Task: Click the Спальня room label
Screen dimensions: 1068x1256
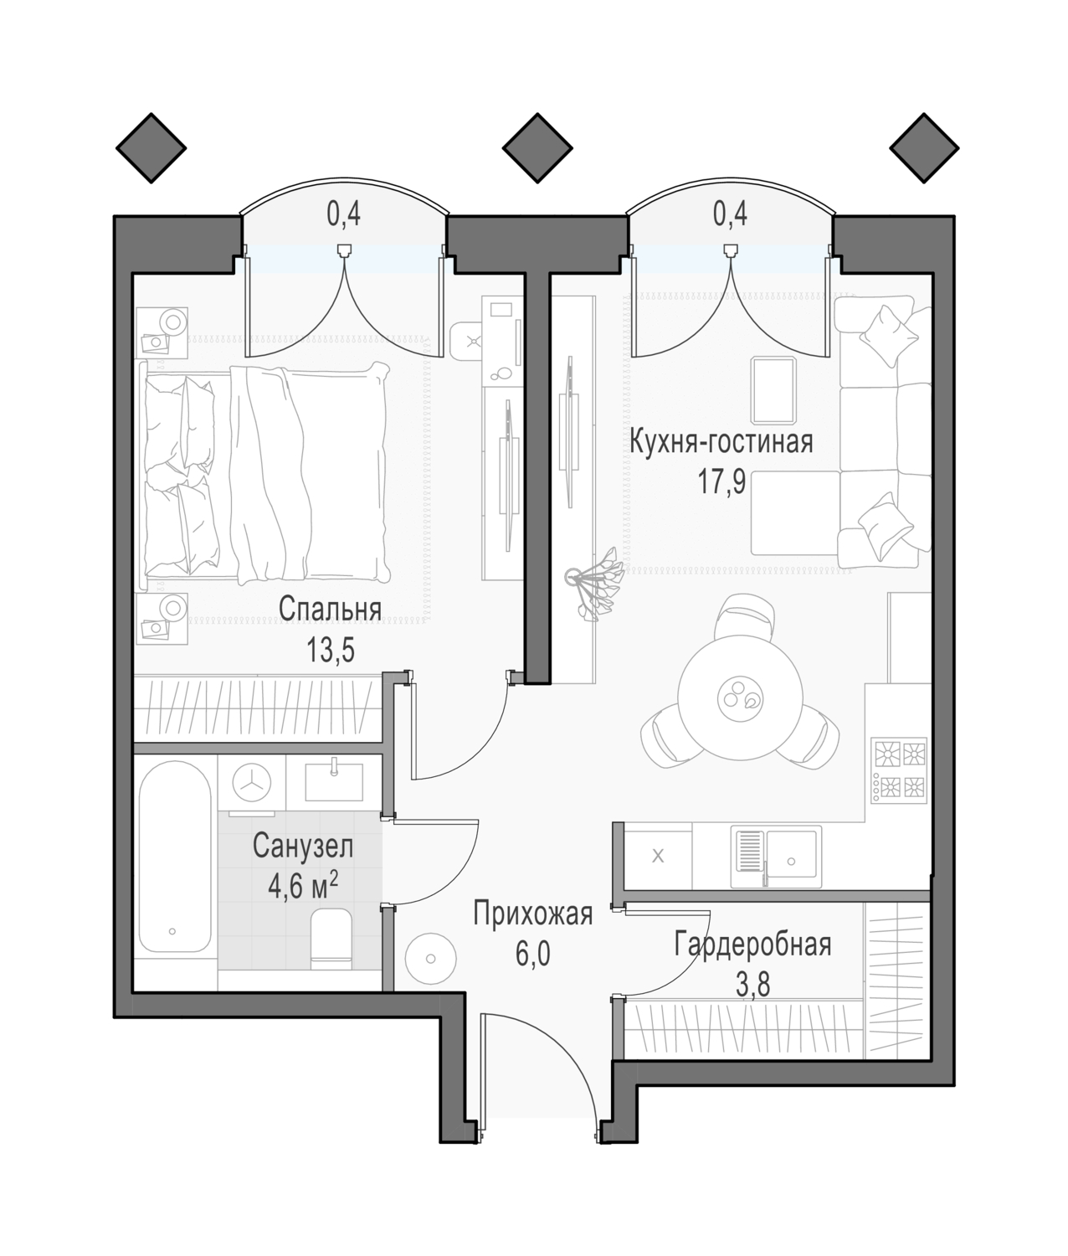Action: (330, 610)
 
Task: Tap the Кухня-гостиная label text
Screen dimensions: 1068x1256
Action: (721, 441)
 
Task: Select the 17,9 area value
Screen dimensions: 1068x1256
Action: (721, 483)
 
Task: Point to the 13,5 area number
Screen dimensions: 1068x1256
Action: (331, 651)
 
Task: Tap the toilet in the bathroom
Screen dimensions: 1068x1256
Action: (331, 939)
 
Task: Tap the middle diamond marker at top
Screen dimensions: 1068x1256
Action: (537, 147)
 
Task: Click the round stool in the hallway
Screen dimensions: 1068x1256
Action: (431, 959)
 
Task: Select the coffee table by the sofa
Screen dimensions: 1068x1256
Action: (773, 390)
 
